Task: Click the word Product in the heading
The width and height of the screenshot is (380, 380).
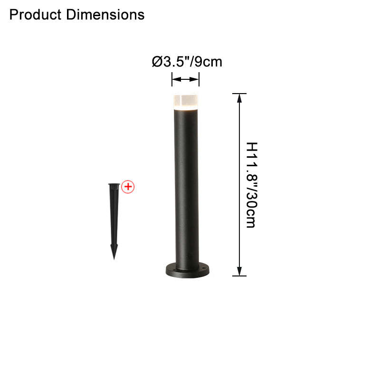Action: pyautogui.click(x=35, y=15)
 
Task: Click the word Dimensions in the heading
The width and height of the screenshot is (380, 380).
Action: pyautogui.click(x=105, y=15)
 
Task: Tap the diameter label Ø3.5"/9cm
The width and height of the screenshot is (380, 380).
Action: pyautogui.click(x=187, y=62)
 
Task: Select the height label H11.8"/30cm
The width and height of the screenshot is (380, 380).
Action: pyautogui.click(x=252, y=185)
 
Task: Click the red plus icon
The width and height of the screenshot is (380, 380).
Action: pyautogui.click(x=128, y=187)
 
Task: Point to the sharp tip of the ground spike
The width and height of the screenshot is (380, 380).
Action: pyautogui.click(x=114, y=259)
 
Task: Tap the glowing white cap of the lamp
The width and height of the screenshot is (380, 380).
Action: pyautogui.click(x=186, y=102)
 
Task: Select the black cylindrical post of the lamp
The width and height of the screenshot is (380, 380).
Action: pyautogui.click(x=186, y=189)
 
